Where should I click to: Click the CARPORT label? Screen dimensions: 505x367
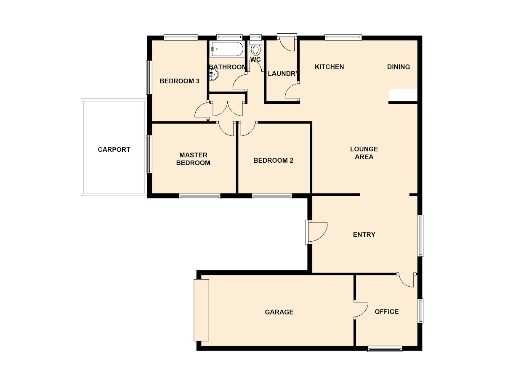[114, 150]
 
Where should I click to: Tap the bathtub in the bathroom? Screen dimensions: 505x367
[226, 49]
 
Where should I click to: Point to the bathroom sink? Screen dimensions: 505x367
[213, 74]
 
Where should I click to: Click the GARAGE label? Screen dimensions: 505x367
[279, 312]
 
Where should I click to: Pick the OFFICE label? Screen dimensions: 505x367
[387, 312]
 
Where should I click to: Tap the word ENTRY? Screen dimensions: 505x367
[364, 235]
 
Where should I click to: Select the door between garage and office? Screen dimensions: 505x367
[361, 309]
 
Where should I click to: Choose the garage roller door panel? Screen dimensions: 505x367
[201, 310]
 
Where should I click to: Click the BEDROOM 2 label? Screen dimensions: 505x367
[273, 161]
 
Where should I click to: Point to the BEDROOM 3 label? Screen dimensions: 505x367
[179, 81]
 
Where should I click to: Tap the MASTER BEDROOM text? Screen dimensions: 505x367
[193, 159]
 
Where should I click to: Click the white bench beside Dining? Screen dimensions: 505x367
[403, 95]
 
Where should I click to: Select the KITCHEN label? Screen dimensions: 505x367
[330, 67]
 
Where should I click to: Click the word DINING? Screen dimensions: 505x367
[399, 67]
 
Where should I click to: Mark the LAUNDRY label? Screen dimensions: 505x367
[283, 74]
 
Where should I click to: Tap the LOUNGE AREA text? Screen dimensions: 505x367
[364, 153]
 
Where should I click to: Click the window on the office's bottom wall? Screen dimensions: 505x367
[385, 349]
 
